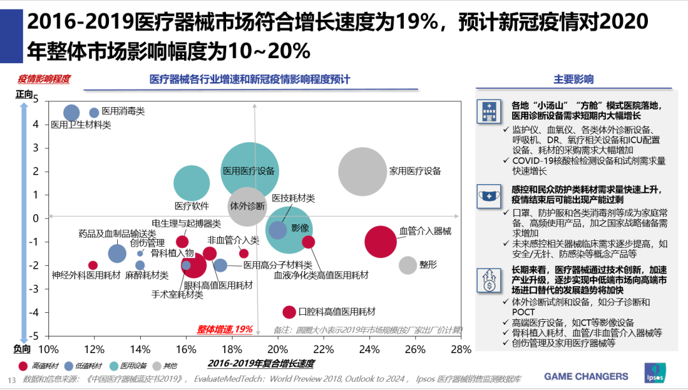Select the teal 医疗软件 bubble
pos(192,183)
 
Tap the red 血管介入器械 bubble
pos(381,242)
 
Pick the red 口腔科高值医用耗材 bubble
pos(289,312)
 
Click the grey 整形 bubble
pos(408,265)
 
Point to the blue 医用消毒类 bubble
pos(94,113)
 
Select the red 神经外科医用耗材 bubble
pos(93,265)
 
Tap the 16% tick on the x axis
pos(185,350)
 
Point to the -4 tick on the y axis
pos(35,312)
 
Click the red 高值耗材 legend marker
pos(24,366)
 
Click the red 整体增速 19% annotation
pos(224,329)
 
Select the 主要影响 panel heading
pos(573,80)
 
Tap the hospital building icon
pos(487,112)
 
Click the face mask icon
pos(487,196)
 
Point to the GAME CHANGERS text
pos(586,376)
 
